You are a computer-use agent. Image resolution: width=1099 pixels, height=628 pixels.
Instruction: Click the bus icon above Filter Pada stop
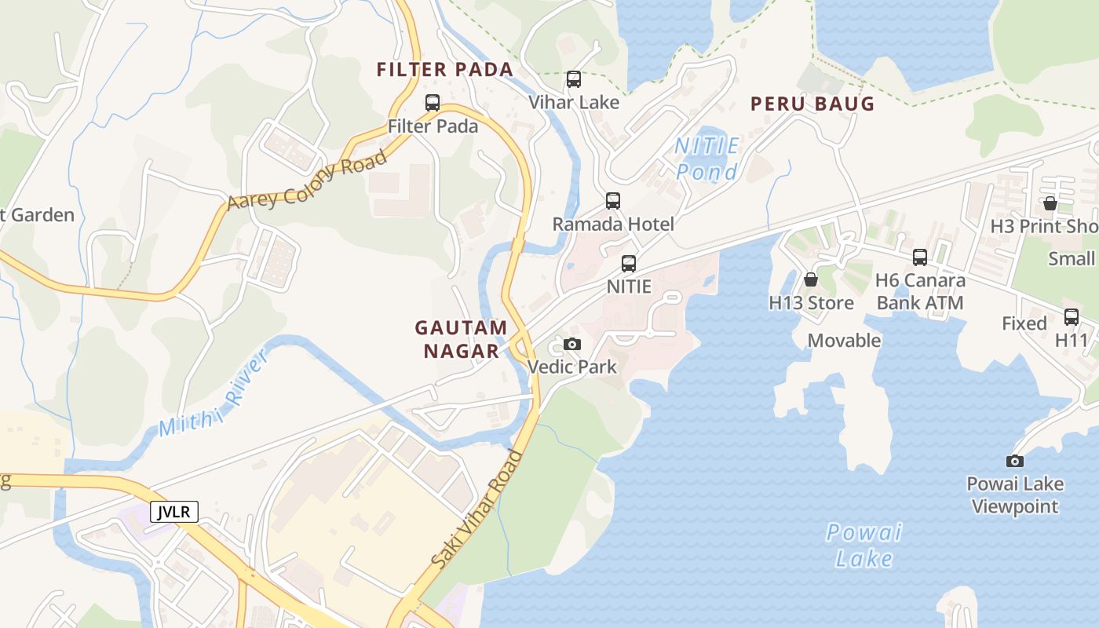(x=433, y=102)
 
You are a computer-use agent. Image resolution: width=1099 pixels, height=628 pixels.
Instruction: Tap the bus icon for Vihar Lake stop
(x=574, y=78)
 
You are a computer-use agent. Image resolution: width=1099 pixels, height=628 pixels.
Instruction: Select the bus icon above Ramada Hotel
(x=613, y=200)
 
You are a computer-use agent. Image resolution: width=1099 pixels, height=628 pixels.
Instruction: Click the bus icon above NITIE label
(x=629, y=263)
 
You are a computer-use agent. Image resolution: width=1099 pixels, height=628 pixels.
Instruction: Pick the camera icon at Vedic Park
(x=572, y=344)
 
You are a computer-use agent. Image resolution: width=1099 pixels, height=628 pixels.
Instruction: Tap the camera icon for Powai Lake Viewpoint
(x=1015, y=461)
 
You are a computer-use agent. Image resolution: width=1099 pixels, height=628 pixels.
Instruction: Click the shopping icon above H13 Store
(x=811, y=279)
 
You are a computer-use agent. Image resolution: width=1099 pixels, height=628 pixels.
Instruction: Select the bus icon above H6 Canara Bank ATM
(x=920, y=257)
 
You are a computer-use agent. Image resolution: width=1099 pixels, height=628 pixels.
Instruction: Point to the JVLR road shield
(x=174, y=513)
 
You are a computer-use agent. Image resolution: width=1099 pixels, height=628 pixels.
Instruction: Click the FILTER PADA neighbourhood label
(x=445, y=70)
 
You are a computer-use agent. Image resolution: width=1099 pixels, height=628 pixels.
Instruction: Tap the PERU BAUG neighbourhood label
(x=812, y=104)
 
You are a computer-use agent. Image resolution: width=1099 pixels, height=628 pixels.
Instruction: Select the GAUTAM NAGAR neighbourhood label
(x=461, y=339)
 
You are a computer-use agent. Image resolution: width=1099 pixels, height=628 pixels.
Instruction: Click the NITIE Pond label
(x=707, y=159)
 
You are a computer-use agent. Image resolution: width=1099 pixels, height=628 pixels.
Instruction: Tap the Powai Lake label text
(x=863, y=546)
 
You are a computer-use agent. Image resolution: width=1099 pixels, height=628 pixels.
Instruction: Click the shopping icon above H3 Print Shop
(x=1050, y=203)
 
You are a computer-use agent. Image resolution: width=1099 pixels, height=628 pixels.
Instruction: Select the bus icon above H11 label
(x=1072, y=317)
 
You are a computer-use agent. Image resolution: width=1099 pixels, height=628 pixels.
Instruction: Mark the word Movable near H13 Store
(x=844, y=341)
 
